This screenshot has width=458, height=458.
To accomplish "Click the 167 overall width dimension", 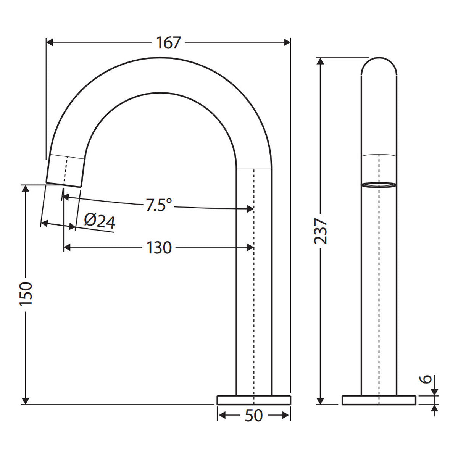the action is (169, 43).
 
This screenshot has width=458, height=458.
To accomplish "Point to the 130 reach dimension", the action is (159, 248).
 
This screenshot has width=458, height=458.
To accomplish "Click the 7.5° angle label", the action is (158, 205).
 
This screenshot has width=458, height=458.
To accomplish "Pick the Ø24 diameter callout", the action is (100, 222).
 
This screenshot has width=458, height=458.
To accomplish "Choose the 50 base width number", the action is (253, 416).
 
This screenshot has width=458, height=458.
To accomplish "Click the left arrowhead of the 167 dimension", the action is (49, 42).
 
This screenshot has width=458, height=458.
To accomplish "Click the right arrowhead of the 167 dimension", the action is (287, 42).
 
